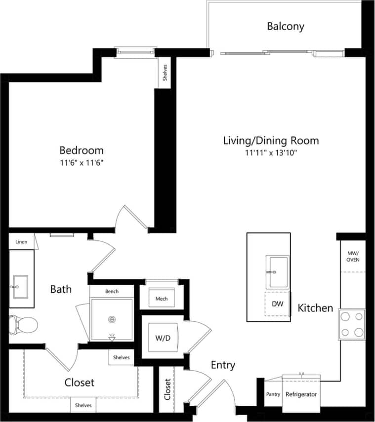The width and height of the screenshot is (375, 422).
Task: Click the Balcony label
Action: [x=286, y=26]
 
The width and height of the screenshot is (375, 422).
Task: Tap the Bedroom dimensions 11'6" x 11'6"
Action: [x=82, y=162]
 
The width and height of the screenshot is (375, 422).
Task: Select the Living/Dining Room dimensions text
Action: [x=271, y=153]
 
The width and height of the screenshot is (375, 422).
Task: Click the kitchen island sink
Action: [x=278, y=272]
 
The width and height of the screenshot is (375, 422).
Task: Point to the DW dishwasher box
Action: [x=277, y=304]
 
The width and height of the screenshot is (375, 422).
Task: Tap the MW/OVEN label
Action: [x=353, y=256]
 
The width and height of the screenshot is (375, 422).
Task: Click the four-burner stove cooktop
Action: [x=351, y=324]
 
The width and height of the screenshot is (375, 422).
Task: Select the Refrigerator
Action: [x=301, y=394]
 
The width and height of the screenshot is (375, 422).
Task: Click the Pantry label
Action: [x=273, y=394]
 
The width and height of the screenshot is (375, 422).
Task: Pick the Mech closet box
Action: [x=162, y=299]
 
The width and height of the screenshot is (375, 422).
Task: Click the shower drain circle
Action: [x=112, y=319]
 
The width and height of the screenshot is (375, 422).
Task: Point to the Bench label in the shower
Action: [x=112, y=292]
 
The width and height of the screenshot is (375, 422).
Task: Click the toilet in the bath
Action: [x=23, y=325]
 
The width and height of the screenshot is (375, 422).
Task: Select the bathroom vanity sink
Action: [x=21, y=286]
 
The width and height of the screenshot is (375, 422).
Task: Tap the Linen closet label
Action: [x=21, y=242]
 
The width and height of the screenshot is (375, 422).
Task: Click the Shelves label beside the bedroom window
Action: [x=165, y=73]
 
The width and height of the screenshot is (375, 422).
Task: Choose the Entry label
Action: [x=223, y=365]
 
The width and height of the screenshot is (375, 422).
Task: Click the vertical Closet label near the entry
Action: [x=167, y=389]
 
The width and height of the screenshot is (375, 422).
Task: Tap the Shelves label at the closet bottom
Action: [x=83, y=405]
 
